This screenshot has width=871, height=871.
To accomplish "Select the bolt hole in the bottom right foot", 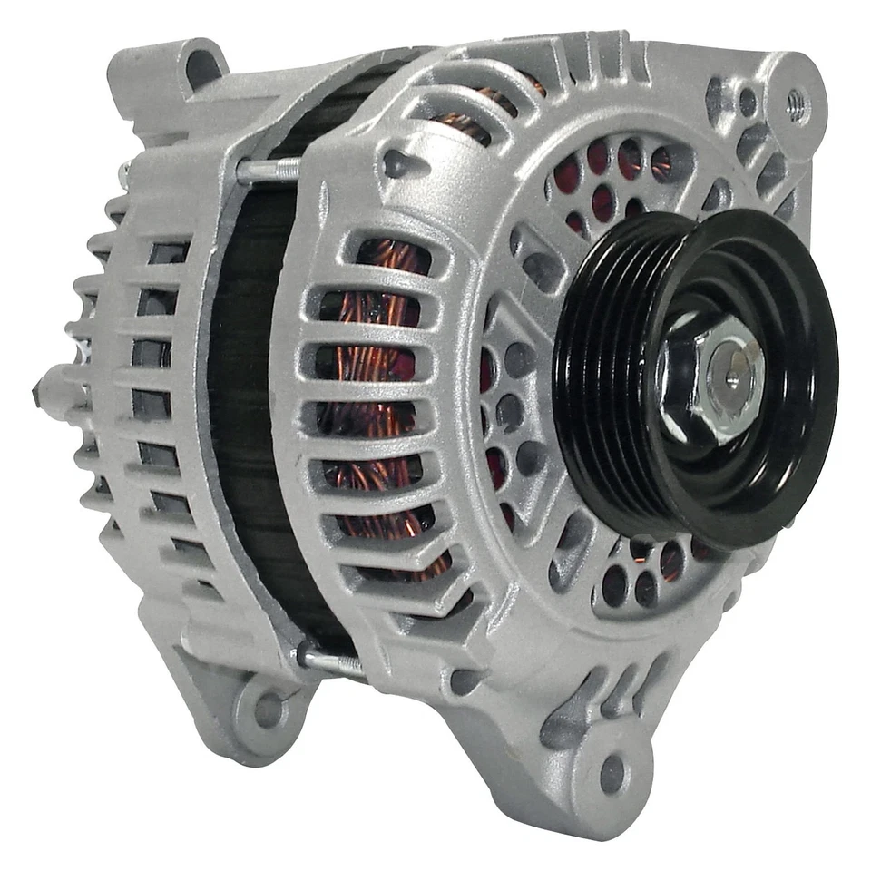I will [612, 773].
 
